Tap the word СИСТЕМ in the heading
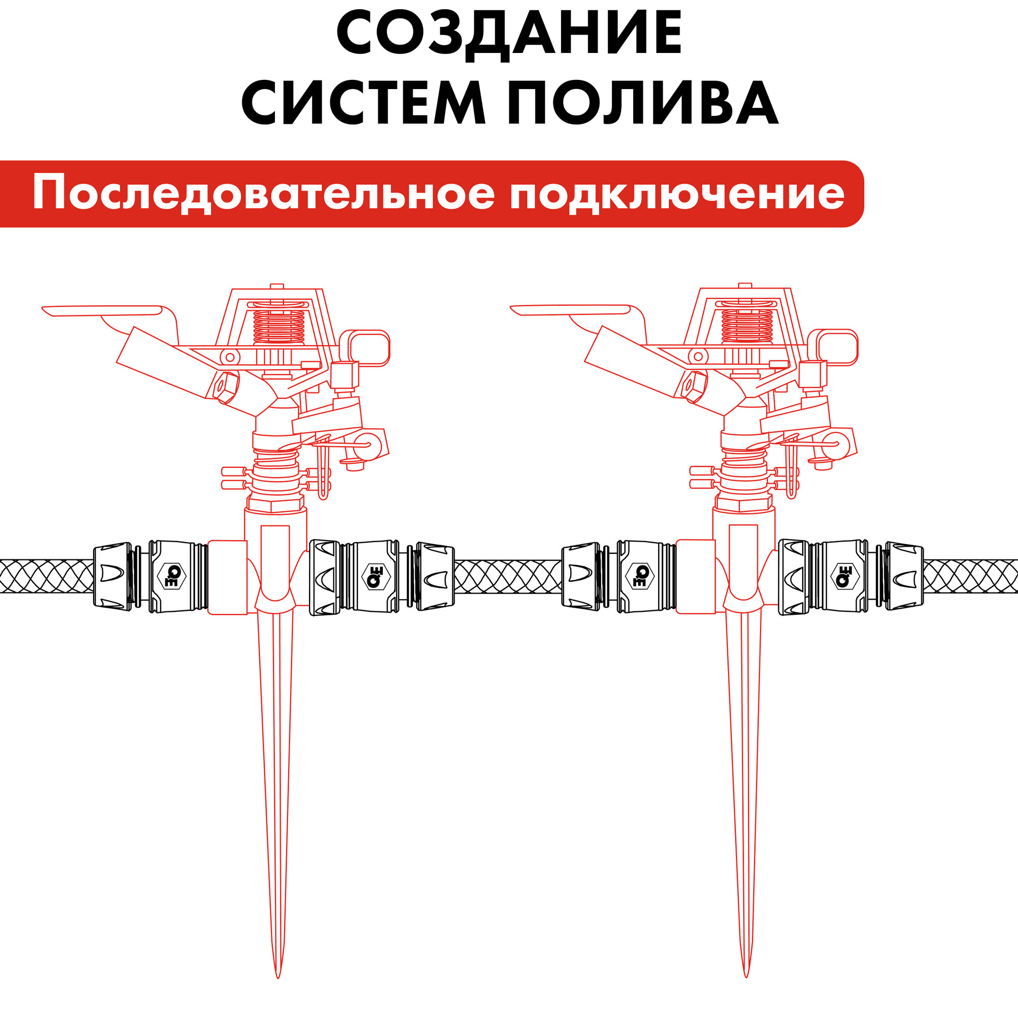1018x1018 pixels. coord(363,103)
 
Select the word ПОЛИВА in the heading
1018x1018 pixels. coord(643,103)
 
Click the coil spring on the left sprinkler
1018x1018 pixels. coord(279,326)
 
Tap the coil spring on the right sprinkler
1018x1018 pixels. coord(747,325)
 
